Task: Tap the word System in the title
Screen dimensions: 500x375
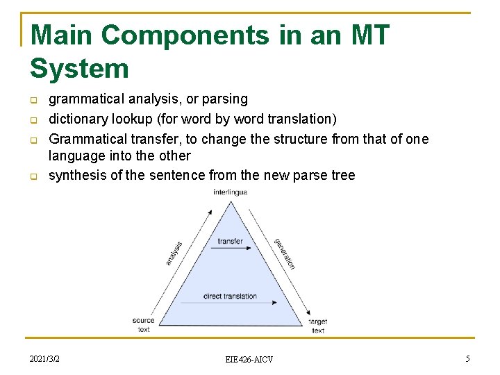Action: [79, 68]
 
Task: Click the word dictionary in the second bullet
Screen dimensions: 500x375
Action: [78, 119]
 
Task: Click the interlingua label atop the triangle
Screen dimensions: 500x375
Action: [230, 192]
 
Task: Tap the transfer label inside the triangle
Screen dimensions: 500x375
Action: [230, 242]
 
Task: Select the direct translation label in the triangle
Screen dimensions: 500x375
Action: [230, 297]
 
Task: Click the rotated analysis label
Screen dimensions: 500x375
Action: [174, 253]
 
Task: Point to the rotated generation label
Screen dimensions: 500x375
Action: [285, 253]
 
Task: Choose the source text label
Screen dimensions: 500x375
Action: [143, 324]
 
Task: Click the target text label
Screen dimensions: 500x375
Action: [317, 326]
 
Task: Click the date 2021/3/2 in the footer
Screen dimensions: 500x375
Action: [44, 358]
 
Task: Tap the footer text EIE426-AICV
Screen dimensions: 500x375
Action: [249, 359]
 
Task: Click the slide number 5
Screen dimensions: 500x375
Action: [467, 358]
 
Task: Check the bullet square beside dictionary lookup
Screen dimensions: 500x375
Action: [33, 120]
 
